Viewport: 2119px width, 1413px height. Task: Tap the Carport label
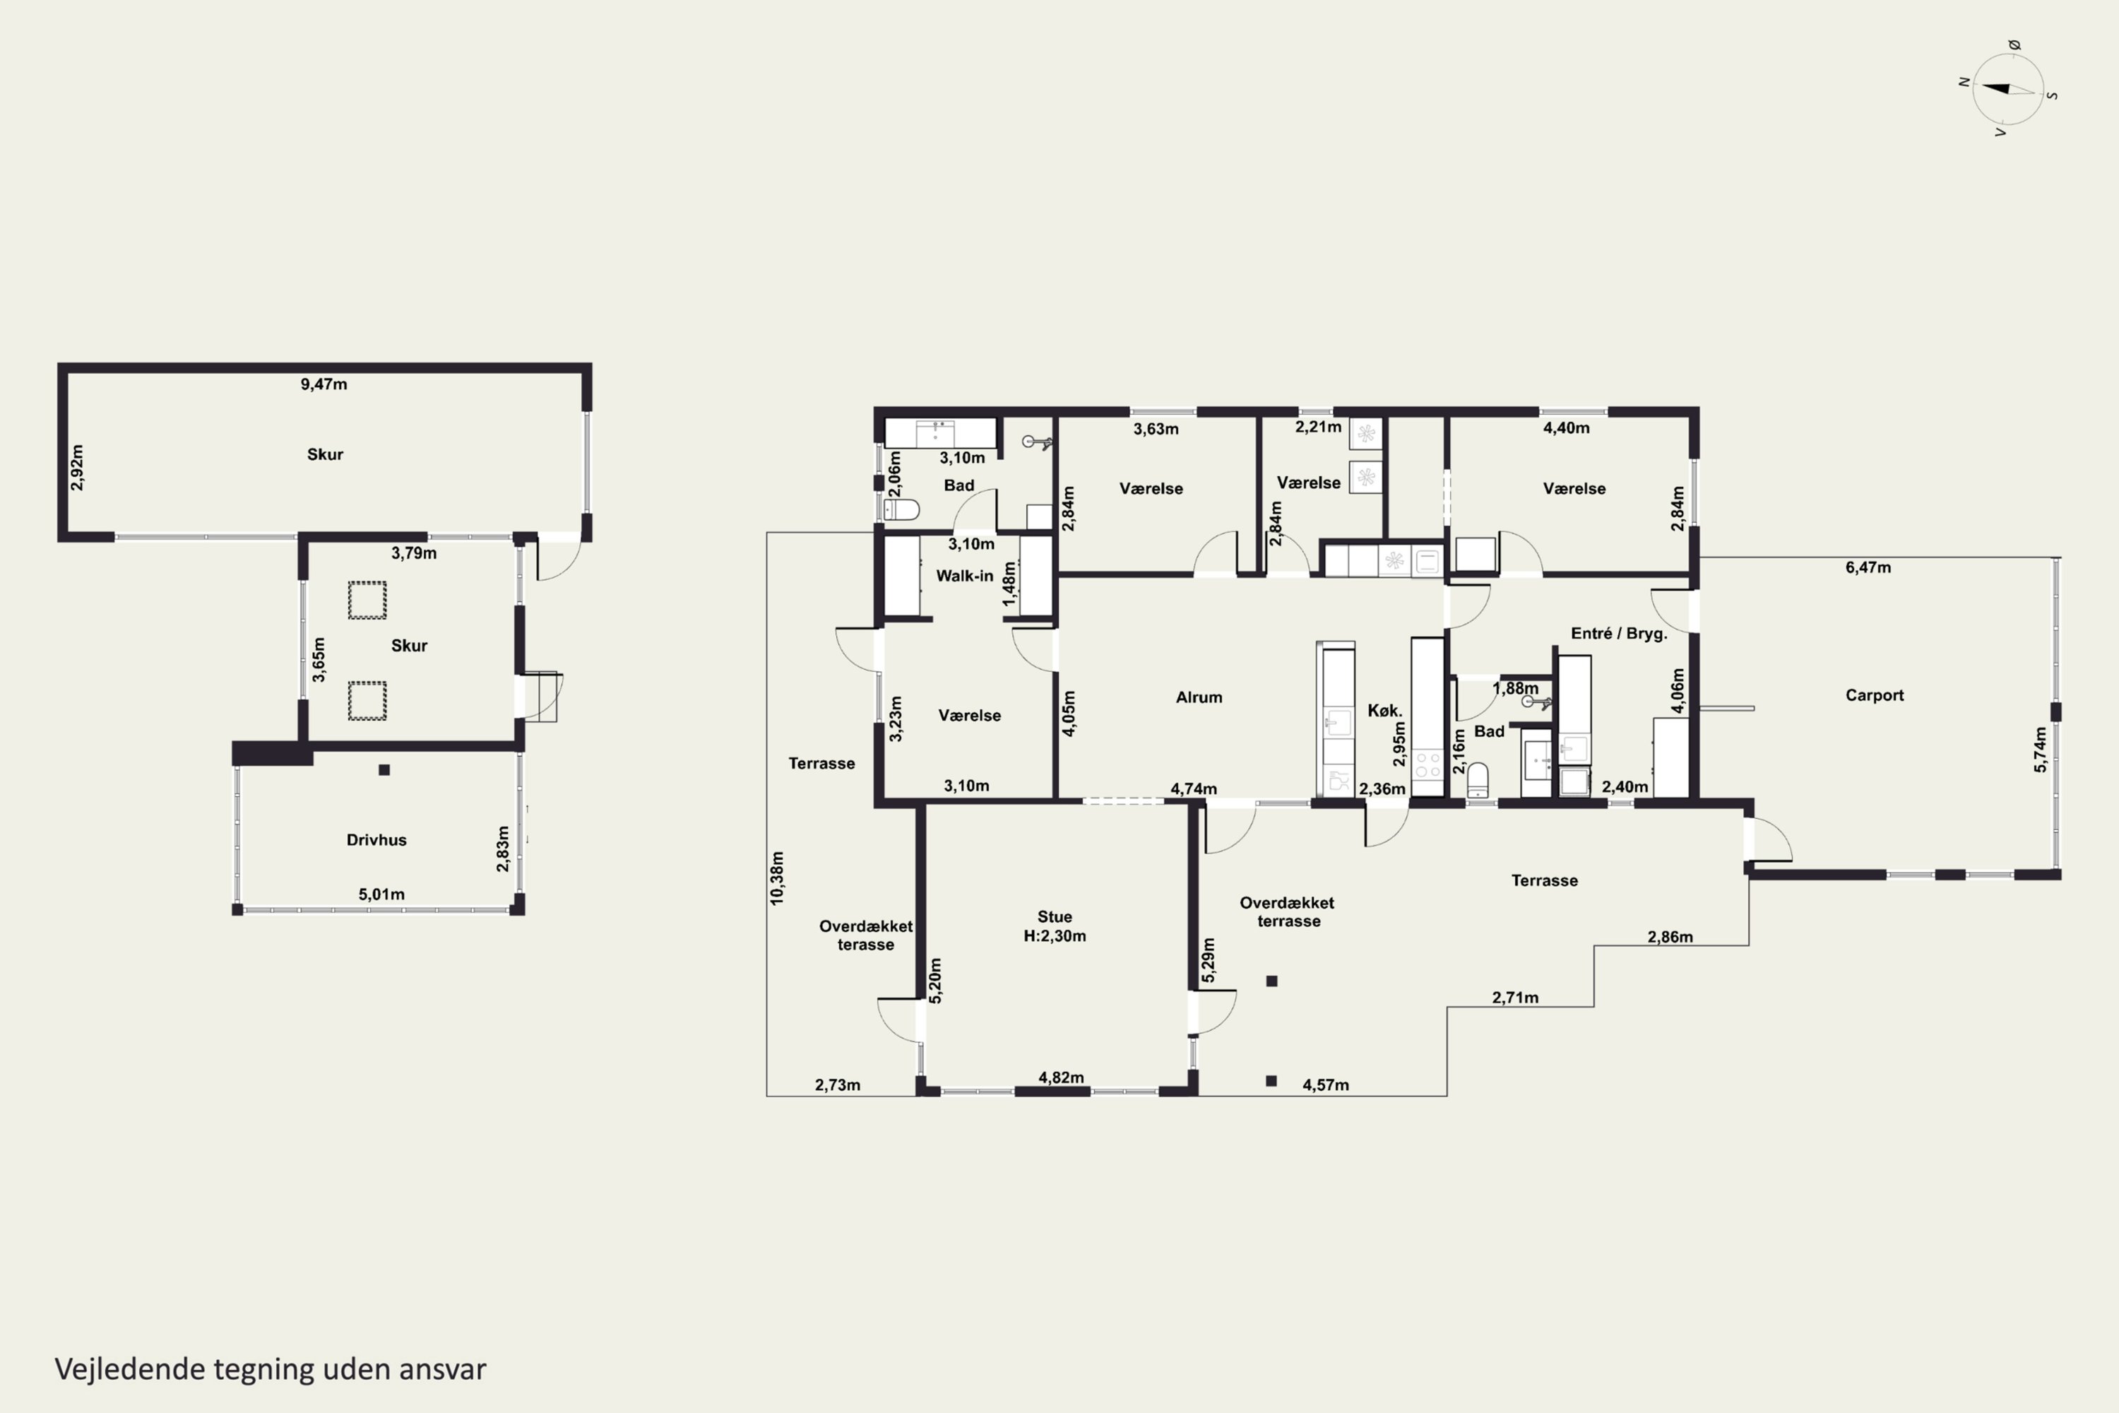coord(1874,694)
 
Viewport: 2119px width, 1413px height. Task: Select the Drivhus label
coord(376,840)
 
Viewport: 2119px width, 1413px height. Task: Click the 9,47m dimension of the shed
coord(324,384)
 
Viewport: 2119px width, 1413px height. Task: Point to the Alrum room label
coord(1199,697)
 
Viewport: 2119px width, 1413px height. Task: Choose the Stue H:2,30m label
coord(1055,926)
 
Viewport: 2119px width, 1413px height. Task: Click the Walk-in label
coord(965,576)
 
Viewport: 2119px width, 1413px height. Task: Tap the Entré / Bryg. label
coord(1619,634)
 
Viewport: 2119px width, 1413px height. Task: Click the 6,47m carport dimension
coord(1868,567)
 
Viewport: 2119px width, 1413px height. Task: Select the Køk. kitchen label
coord(1384,710)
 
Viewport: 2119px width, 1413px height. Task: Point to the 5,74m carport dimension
coord(2041,749)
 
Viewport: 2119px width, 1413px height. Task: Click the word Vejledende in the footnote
coord(130,1369)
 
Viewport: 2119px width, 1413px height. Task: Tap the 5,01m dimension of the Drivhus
coord(381,894)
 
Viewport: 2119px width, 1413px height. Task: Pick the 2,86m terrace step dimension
coord(1670,936)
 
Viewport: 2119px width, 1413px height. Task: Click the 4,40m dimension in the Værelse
coord(1567,428)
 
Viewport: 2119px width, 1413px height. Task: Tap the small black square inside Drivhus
coord(384,769)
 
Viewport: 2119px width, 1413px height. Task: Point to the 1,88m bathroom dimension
coord(1515,688)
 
